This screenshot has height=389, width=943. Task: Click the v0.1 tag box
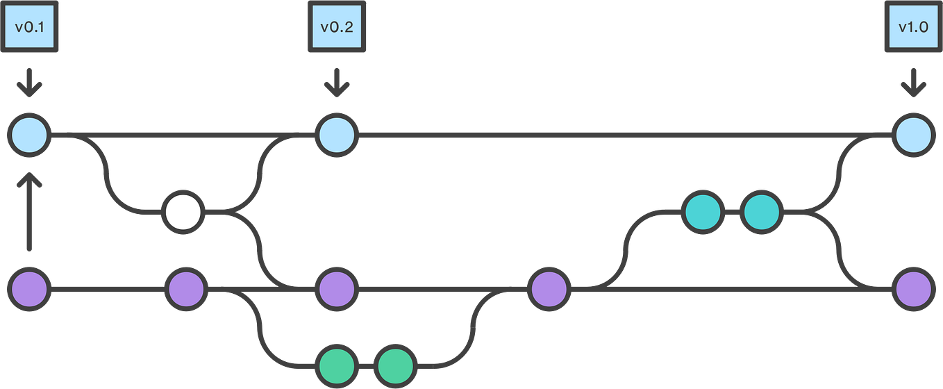[x=29, y=26]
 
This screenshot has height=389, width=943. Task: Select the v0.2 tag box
[x=337, y=26]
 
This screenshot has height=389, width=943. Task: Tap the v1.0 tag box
[x=914, y=26]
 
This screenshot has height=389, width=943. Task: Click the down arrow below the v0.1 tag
[x=29, y=83]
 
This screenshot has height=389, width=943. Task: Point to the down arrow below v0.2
[x=337, y=83]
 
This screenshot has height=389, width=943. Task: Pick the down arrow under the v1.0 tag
[x=914, y=83]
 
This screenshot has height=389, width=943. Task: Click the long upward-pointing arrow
[x=29, y=212]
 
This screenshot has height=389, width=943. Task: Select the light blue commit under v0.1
[x=29, y=135]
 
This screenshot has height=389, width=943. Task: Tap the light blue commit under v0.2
[x=337, y=135]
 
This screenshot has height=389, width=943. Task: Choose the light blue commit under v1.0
[x=914, y=135]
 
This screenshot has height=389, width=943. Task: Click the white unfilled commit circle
[x=183, y=212]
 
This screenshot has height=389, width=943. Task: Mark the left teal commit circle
[x=703, y=212]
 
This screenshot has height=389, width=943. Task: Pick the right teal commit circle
[x=762, y=212]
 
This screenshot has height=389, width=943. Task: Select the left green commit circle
[x=337, y=366]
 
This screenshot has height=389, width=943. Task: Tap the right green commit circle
[x=395, y=366]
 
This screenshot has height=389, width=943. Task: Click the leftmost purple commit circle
[x=29, y=289]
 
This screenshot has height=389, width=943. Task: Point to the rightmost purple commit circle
[x=914, y=289]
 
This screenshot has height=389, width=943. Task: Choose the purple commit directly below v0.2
[x=337, y=289]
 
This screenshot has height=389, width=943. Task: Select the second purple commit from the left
[x=186, y=289]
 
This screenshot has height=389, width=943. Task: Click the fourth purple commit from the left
[x=549, y=289]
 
